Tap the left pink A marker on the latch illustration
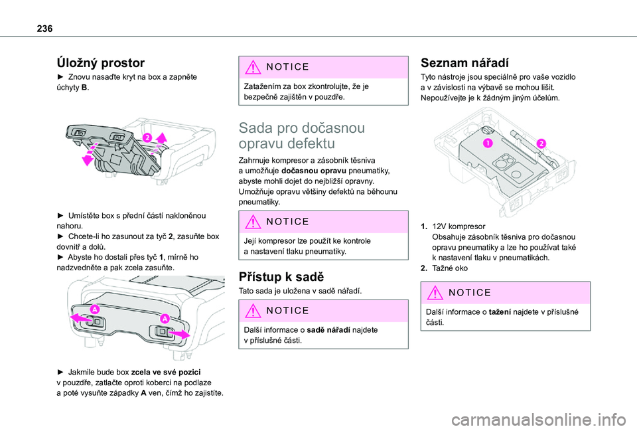96,309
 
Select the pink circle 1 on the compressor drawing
488,143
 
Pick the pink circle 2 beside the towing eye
541,143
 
